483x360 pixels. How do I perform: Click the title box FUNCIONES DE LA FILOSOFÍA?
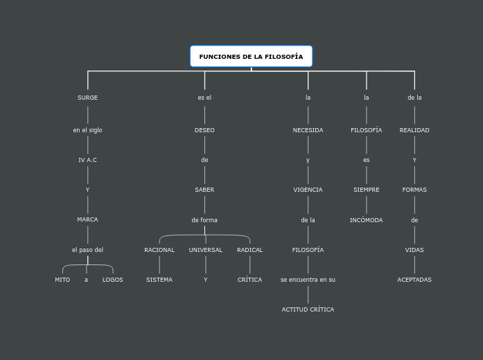pos(251,57)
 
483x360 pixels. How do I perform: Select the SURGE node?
pos(87,98)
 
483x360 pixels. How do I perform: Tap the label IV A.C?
pos(87,160)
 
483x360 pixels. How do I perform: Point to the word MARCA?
pos(87,219)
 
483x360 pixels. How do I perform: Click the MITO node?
pos(62,280)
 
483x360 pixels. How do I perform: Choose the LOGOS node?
pos(112,280)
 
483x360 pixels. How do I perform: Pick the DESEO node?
pos(204,130)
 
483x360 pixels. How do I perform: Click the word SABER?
pos(204,190)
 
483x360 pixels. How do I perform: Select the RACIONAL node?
pos(159,250)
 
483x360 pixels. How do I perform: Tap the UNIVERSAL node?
pos(206,250)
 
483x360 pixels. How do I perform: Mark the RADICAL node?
pos(249,250)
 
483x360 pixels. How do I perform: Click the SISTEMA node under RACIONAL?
pos(159,280)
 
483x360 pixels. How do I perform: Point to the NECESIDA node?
pos(308,130)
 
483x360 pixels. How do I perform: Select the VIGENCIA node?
pos(308,190)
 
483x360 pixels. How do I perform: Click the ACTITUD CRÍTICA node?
pos(308,309)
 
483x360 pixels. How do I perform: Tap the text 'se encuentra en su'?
pos(308,280)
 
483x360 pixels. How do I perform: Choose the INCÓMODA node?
pos(366,220)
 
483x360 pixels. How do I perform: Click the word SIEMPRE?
pos(366,190)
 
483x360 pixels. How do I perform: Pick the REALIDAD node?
pos(414,130)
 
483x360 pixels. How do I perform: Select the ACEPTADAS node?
pos(414,280)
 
